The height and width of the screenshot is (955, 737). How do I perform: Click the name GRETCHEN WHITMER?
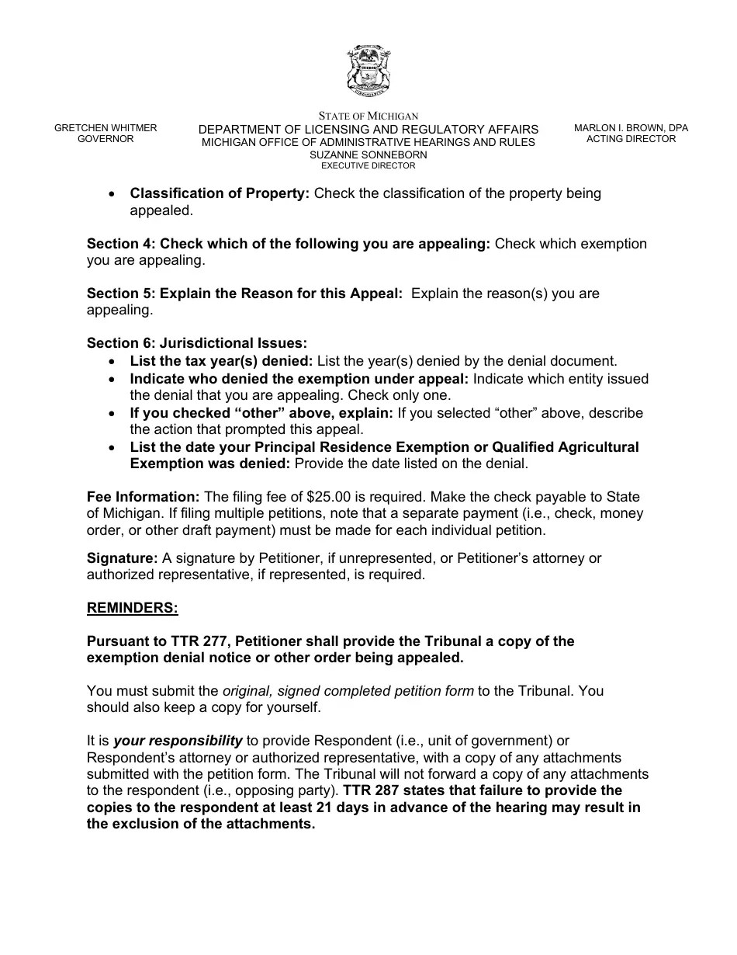[106, 128]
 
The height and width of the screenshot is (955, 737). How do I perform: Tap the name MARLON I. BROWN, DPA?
[631, 128]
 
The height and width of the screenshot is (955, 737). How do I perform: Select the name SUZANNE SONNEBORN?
[368, 155]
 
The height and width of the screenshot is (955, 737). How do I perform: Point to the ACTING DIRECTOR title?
[631, 139]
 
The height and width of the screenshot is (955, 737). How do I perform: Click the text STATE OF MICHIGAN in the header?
[368, 116]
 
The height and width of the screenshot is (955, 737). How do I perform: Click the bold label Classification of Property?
[220, 193]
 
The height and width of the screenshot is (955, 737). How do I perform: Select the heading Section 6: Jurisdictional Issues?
[197, 343]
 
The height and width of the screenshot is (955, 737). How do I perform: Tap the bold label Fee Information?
[144, 497]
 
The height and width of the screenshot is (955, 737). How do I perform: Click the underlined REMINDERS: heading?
[133, 609]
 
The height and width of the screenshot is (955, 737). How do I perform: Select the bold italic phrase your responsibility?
[178, 741]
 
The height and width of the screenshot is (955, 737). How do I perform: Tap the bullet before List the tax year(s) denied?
[114, 362]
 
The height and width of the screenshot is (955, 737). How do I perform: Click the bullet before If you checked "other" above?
[114, 414]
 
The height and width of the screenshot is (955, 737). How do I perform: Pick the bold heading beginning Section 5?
[244, 293]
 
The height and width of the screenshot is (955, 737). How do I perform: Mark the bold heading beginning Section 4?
[288, 244]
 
